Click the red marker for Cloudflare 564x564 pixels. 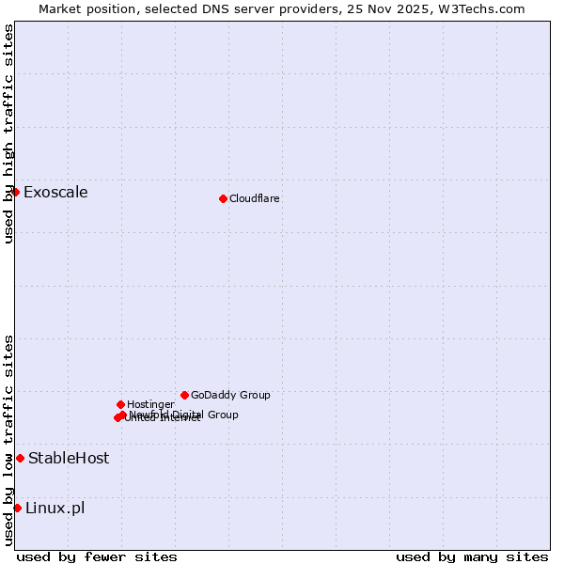(223, 198)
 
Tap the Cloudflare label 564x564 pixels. (255, 198)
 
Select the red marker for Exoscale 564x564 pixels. (15, 192)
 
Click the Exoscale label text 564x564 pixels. (55, 193)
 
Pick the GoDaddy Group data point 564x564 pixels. (184, 395)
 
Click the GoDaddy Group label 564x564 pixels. (230, 395)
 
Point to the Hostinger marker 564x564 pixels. (120, 404)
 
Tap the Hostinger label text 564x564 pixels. (150, 404)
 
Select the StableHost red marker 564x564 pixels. (20, 458)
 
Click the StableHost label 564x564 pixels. (69, 459)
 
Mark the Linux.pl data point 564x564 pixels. (17, 508)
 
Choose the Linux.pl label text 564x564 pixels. (55, 509)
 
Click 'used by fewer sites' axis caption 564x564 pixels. (97, 556)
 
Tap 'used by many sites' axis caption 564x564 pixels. (472, 556)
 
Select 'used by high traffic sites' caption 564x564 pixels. (8, 133)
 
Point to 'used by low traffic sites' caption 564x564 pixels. (8, 440)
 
